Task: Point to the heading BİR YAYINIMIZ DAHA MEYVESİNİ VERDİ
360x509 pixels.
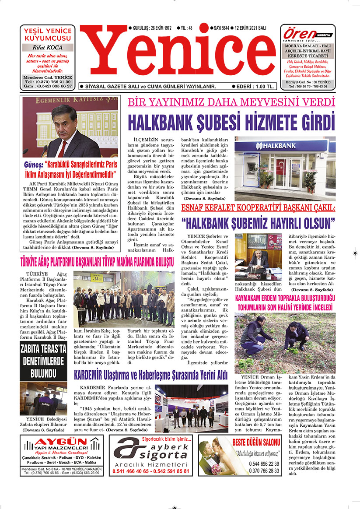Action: [x=231, y=102]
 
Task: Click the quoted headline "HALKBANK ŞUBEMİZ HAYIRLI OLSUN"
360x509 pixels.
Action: [x=259, y=224]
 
